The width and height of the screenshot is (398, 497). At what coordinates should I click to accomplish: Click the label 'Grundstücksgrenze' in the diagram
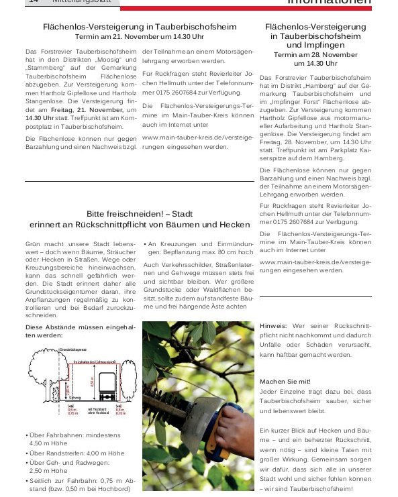tap(75, 349)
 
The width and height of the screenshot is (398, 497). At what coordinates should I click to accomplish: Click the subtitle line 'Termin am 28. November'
tap(315, 54)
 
